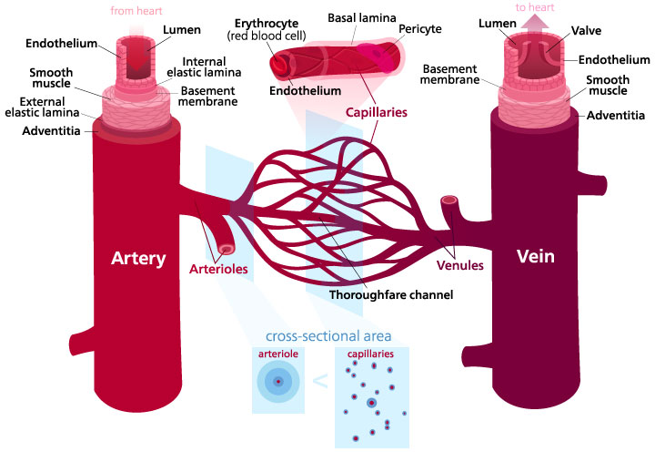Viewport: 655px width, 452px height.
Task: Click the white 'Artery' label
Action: point(137,258)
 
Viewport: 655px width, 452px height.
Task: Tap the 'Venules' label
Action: point(459,266)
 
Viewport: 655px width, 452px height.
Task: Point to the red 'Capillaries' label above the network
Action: point(375,113)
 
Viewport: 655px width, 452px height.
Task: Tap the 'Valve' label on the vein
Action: point(578,30)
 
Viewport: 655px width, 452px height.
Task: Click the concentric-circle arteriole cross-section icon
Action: point(278,381)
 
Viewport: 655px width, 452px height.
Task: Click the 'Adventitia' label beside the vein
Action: point(616,115)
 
